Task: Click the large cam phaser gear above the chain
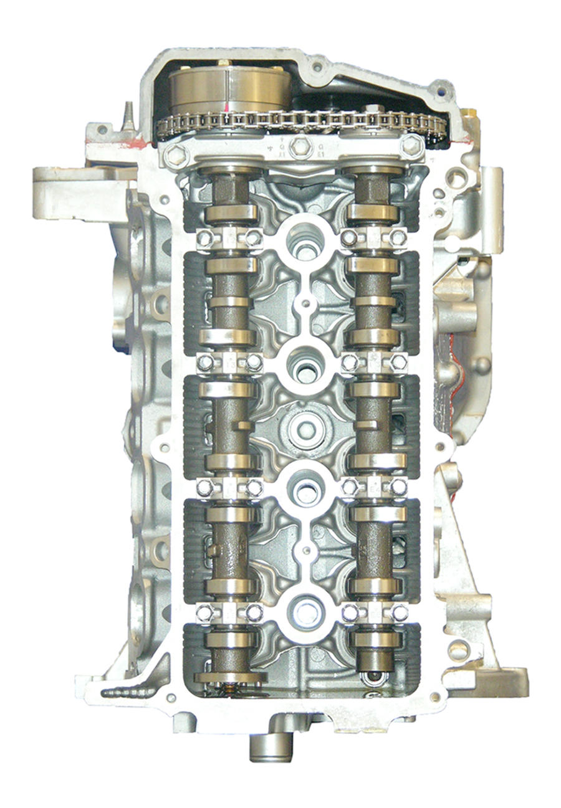227,87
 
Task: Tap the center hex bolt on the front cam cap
301,147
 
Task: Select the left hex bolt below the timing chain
175,154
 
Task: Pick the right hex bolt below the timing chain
412,146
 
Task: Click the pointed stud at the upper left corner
128,115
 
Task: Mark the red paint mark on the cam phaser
222,64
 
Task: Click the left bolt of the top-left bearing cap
203,238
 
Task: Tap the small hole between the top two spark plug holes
305,305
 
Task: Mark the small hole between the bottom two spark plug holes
305,550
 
